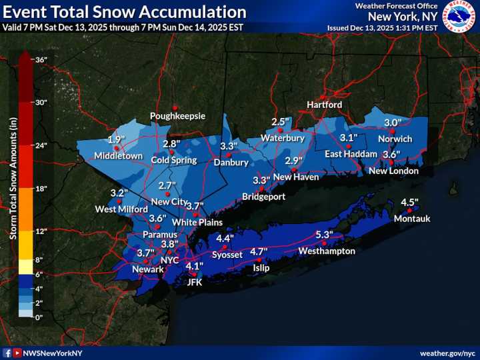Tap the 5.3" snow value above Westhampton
point(324,235)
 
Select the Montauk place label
point(412,219)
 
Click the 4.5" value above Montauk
point(409,203)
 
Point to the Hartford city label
point(325,105)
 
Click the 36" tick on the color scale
point(41,60)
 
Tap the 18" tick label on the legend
point(41,189)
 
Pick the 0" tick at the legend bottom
point(40,317)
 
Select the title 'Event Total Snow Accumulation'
point(125,12)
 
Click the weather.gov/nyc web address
point(446,353)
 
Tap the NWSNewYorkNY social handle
point(53,353)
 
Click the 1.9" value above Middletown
point(117,140)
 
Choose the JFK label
point(194,282)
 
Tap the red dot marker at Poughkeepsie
point(175,107)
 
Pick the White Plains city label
point(197,222)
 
